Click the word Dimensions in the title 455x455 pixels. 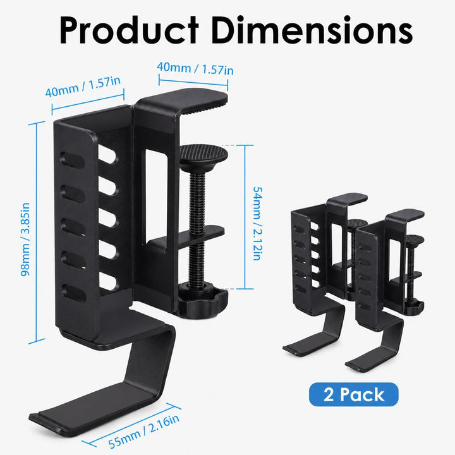click(x=312, y=30)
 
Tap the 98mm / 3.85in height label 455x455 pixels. click(x=25, y=240)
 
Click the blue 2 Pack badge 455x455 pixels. click(x=354, y=394)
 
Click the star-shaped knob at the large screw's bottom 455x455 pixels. click(x=203, y=303)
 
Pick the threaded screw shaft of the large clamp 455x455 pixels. click(x=197, y=226)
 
